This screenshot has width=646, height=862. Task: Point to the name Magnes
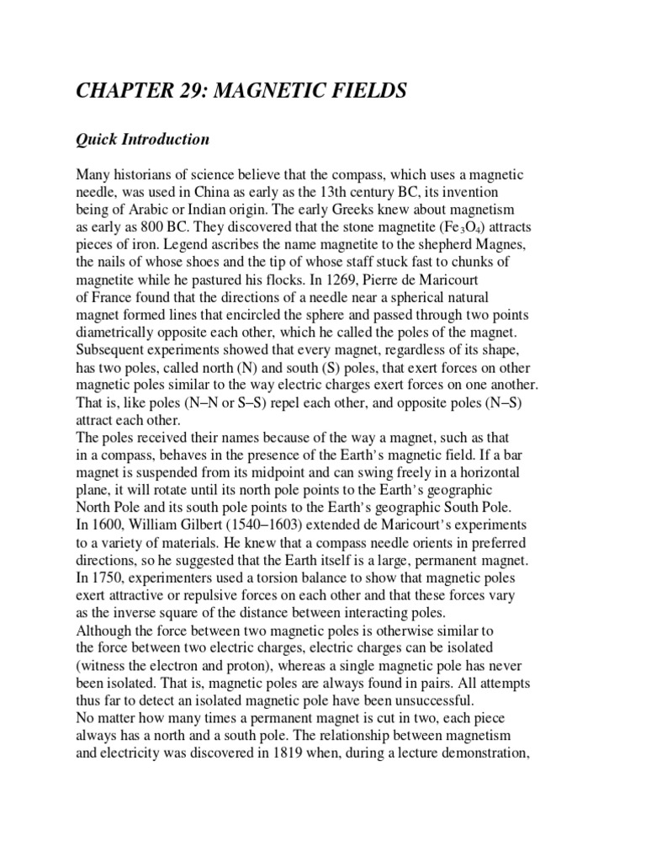click(x=503, y=245)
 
